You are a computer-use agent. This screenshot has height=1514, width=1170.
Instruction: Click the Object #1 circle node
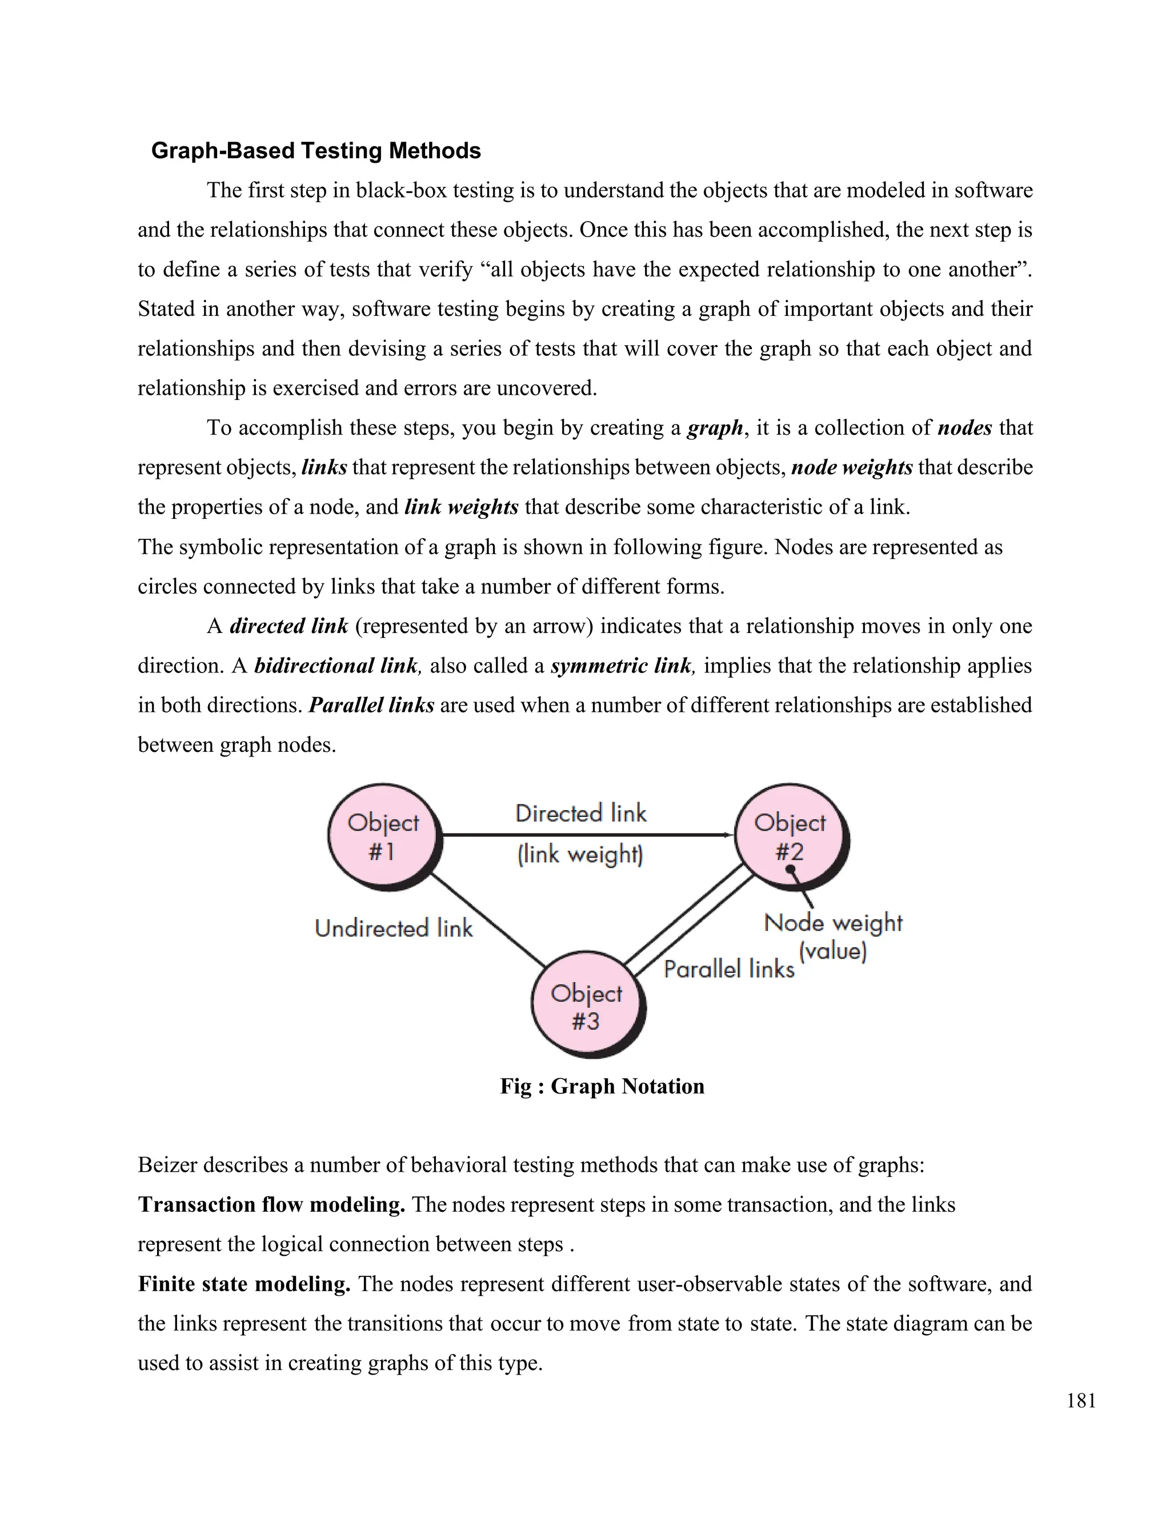(x=383, y=836)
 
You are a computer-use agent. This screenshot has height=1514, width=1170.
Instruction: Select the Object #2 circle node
(x=790, y=836)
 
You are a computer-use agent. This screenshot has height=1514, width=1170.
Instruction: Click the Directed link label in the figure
(x=581, y=813)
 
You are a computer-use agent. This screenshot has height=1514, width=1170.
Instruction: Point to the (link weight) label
(x=581, y=854)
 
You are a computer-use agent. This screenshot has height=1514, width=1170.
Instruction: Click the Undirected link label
(x=394, y=928)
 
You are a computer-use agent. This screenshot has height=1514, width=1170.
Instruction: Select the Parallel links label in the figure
(x=729, y=968)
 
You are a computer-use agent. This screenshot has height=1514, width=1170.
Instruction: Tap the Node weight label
(x=833, y=923)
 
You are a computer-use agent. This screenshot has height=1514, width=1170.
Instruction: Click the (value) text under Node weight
(x=833, y=951)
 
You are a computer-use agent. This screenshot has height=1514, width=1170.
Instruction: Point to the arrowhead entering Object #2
(x=728, y=835)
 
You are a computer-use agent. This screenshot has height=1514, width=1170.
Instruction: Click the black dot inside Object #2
(x=790, y=868)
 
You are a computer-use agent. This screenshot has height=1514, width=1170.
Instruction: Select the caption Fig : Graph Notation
(x=602, y=1086)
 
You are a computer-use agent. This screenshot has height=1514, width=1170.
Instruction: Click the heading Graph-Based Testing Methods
(x=316, y=150)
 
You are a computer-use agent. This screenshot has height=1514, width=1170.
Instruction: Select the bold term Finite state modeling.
(x=244, y=1284)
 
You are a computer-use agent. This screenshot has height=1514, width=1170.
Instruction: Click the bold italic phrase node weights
(x=852, y=468)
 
